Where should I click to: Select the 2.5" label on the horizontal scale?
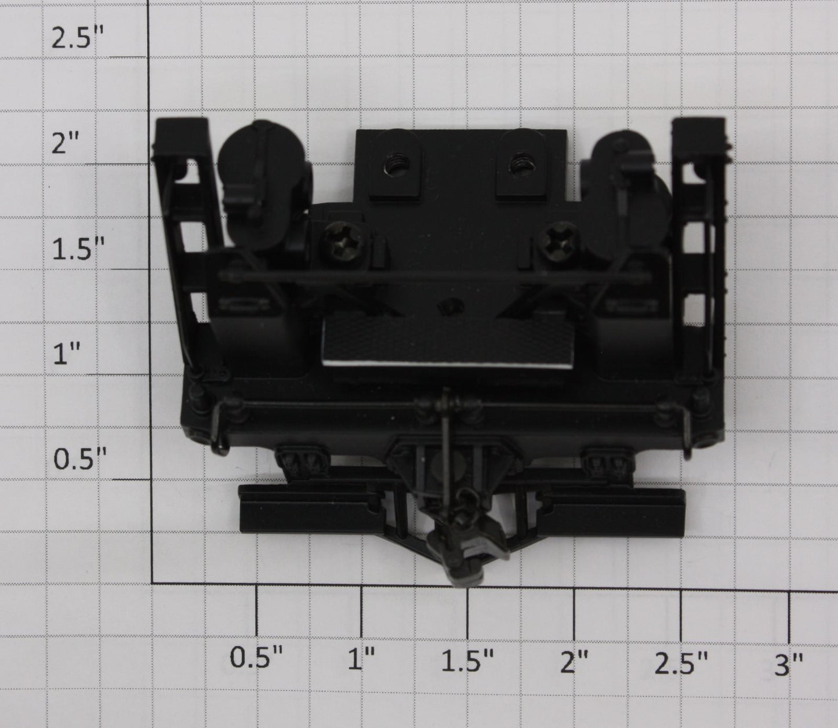pos(681,661)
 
